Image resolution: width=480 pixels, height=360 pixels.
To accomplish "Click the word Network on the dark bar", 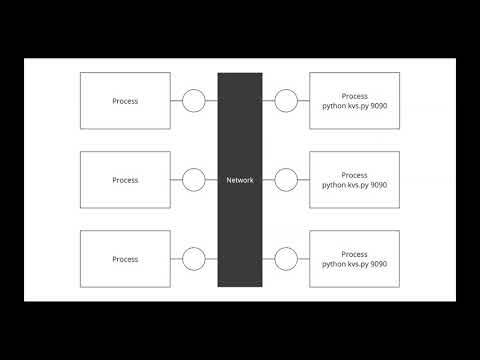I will point(240,180).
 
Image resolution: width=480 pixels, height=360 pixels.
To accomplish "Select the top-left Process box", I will point(125,101).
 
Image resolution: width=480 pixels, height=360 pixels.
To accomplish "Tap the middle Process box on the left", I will point(125,180).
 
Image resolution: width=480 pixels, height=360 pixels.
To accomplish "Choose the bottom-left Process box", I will point(125,259).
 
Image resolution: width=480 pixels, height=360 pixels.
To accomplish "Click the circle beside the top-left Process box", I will point(194,101).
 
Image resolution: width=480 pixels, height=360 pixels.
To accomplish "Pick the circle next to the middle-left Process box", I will point(194,180).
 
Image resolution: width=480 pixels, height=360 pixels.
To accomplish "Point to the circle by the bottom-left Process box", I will point(194,259).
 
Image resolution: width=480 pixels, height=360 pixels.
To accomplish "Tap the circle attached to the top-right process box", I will point(286,101).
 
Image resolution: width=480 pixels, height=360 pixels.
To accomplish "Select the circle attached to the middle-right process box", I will point(286,180).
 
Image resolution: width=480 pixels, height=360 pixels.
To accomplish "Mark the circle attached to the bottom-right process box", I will point(286,259).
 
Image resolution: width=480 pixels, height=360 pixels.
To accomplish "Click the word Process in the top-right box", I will point(354,96).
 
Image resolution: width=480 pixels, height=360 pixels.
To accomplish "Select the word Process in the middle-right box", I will point(354,175).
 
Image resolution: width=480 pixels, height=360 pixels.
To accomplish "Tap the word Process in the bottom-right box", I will point(354,254).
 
